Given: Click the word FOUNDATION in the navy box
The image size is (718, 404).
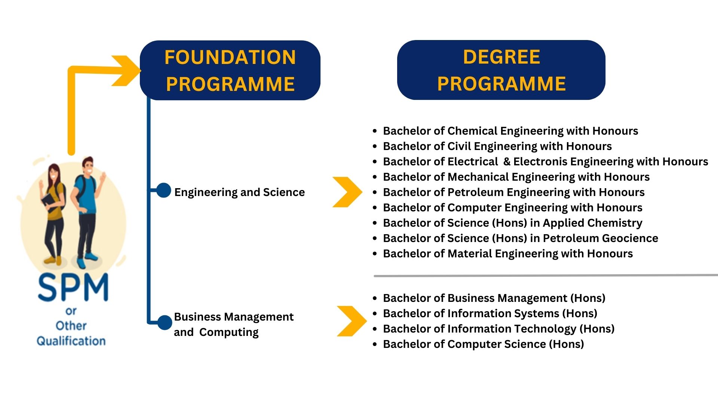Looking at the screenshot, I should (x=230, y=57).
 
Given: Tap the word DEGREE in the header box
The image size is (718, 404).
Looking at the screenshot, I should (x=501, y=57).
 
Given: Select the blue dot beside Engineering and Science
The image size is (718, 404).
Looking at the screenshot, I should (x=163, y=190).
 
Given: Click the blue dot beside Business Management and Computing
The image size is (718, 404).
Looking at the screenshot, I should (x=165, y=322).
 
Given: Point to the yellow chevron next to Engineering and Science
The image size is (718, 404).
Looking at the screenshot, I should (x=347, y=192).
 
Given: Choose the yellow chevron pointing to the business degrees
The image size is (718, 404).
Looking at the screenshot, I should (x=352, y=321).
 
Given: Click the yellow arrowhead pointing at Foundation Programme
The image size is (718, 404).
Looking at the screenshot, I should (x=127, y=70).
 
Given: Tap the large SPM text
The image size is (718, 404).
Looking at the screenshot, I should (x=73, y=288).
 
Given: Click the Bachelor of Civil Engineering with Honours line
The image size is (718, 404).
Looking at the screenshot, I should (x=497, y=146).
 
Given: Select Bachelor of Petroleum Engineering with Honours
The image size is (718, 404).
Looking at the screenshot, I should (x=513, y=192).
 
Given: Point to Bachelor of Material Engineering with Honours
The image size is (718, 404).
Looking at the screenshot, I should (x=507, y=254).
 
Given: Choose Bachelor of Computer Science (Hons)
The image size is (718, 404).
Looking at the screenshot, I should (x=483, y=344).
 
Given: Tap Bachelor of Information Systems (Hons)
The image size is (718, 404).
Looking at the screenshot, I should (x=490, y=313).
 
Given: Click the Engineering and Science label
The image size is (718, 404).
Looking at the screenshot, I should (x=239, y=192).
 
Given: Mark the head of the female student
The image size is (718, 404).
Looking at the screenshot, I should (x=54, y=172).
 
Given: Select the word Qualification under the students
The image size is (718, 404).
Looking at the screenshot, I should (x=71, y=341).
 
